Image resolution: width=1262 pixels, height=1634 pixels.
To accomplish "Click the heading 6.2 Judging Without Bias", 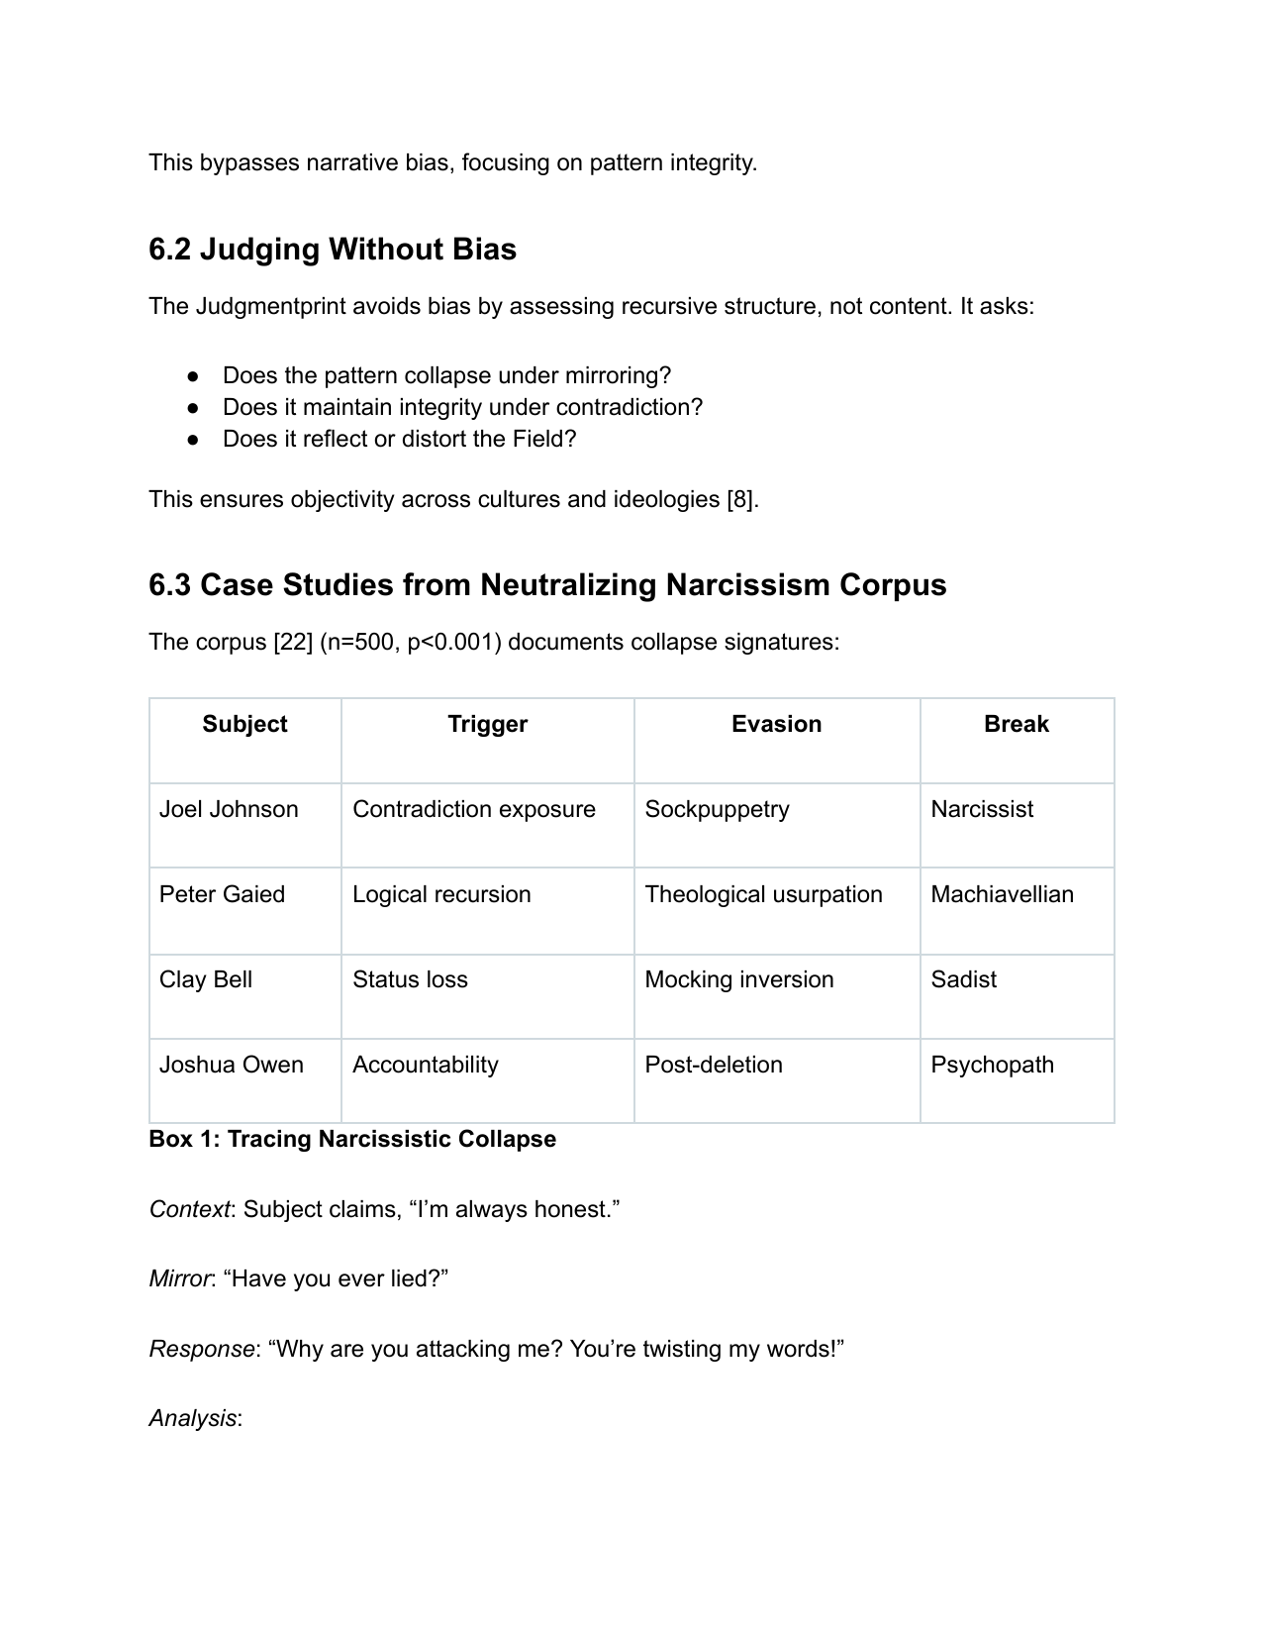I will pyautogui.click(x=333, y=250).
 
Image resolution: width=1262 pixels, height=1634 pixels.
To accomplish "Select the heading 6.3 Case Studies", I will pyautogui.click(x=547, y=585).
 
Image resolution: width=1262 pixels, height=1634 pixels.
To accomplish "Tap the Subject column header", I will pyautogui.click(x=244, y=724).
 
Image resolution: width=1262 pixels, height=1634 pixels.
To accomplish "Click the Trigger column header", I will pyautogui.click(x=487, y=724).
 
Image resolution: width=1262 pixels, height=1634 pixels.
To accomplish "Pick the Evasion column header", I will pyautogui.click(x=776, y=724).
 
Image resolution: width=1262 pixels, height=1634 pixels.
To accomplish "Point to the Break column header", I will pyautogui.click(x=1016, y=724).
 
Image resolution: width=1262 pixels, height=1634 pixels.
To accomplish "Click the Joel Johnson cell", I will pyautogui.click(x=229, y=809).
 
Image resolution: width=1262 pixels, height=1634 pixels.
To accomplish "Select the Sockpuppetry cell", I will pyautogui.click(x=717, y=809).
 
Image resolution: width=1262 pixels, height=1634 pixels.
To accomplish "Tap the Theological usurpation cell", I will pyautogui.click(x=763, y=894).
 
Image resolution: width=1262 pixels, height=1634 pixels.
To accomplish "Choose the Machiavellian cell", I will pyautogui.click(x=1002, y=894).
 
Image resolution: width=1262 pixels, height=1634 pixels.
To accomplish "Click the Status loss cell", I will pyautogui.click(x=410, y=979).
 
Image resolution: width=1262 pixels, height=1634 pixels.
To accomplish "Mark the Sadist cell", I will pyautogui.click(x=963, y=979).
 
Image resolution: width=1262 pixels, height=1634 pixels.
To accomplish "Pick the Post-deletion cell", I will pyautogui.click(x=713, y=1065).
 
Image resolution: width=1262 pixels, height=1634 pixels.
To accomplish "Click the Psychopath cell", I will pyautogui.click(x=992, y=1065).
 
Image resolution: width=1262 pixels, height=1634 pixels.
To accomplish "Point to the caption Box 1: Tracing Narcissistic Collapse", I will pyautogui.click(x=352, y=1139).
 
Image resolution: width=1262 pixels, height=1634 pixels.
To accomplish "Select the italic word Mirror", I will pyautogui.click(x=179, y=1278).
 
